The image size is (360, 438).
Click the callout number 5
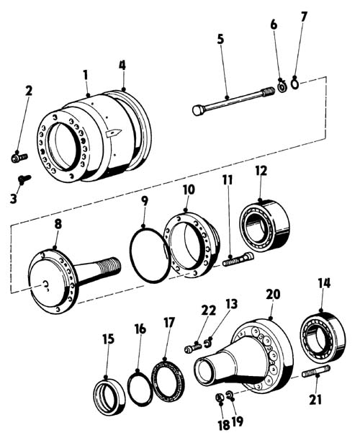(220, 40)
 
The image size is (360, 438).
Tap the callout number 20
(273, 295)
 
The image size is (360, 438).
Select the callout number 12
(261, 171)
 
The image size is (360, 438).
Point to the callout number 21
(315, 400)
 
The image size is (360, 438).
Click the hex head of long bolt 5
(199, 109)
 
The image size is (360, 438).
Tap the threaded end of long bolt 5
(268, 92)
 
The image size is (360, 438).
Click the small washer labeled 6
(282, 86)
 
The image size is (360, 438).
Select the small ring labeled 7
(295, 84)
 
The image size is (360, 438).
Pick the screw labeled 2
(19, 157)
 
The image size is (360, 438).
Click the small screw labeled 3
(24, 179)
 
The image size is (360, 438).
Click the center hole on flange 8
(46, 285)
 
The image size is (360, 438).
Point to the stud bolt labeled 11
(238, 259)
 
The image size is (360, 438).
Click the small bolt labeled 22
(193, 347)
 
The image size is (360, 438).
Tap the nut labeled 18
(220, 397)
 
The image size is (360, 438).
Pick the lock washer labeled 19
(230, 395)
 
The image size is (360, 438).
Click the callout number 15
(109, 339)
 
